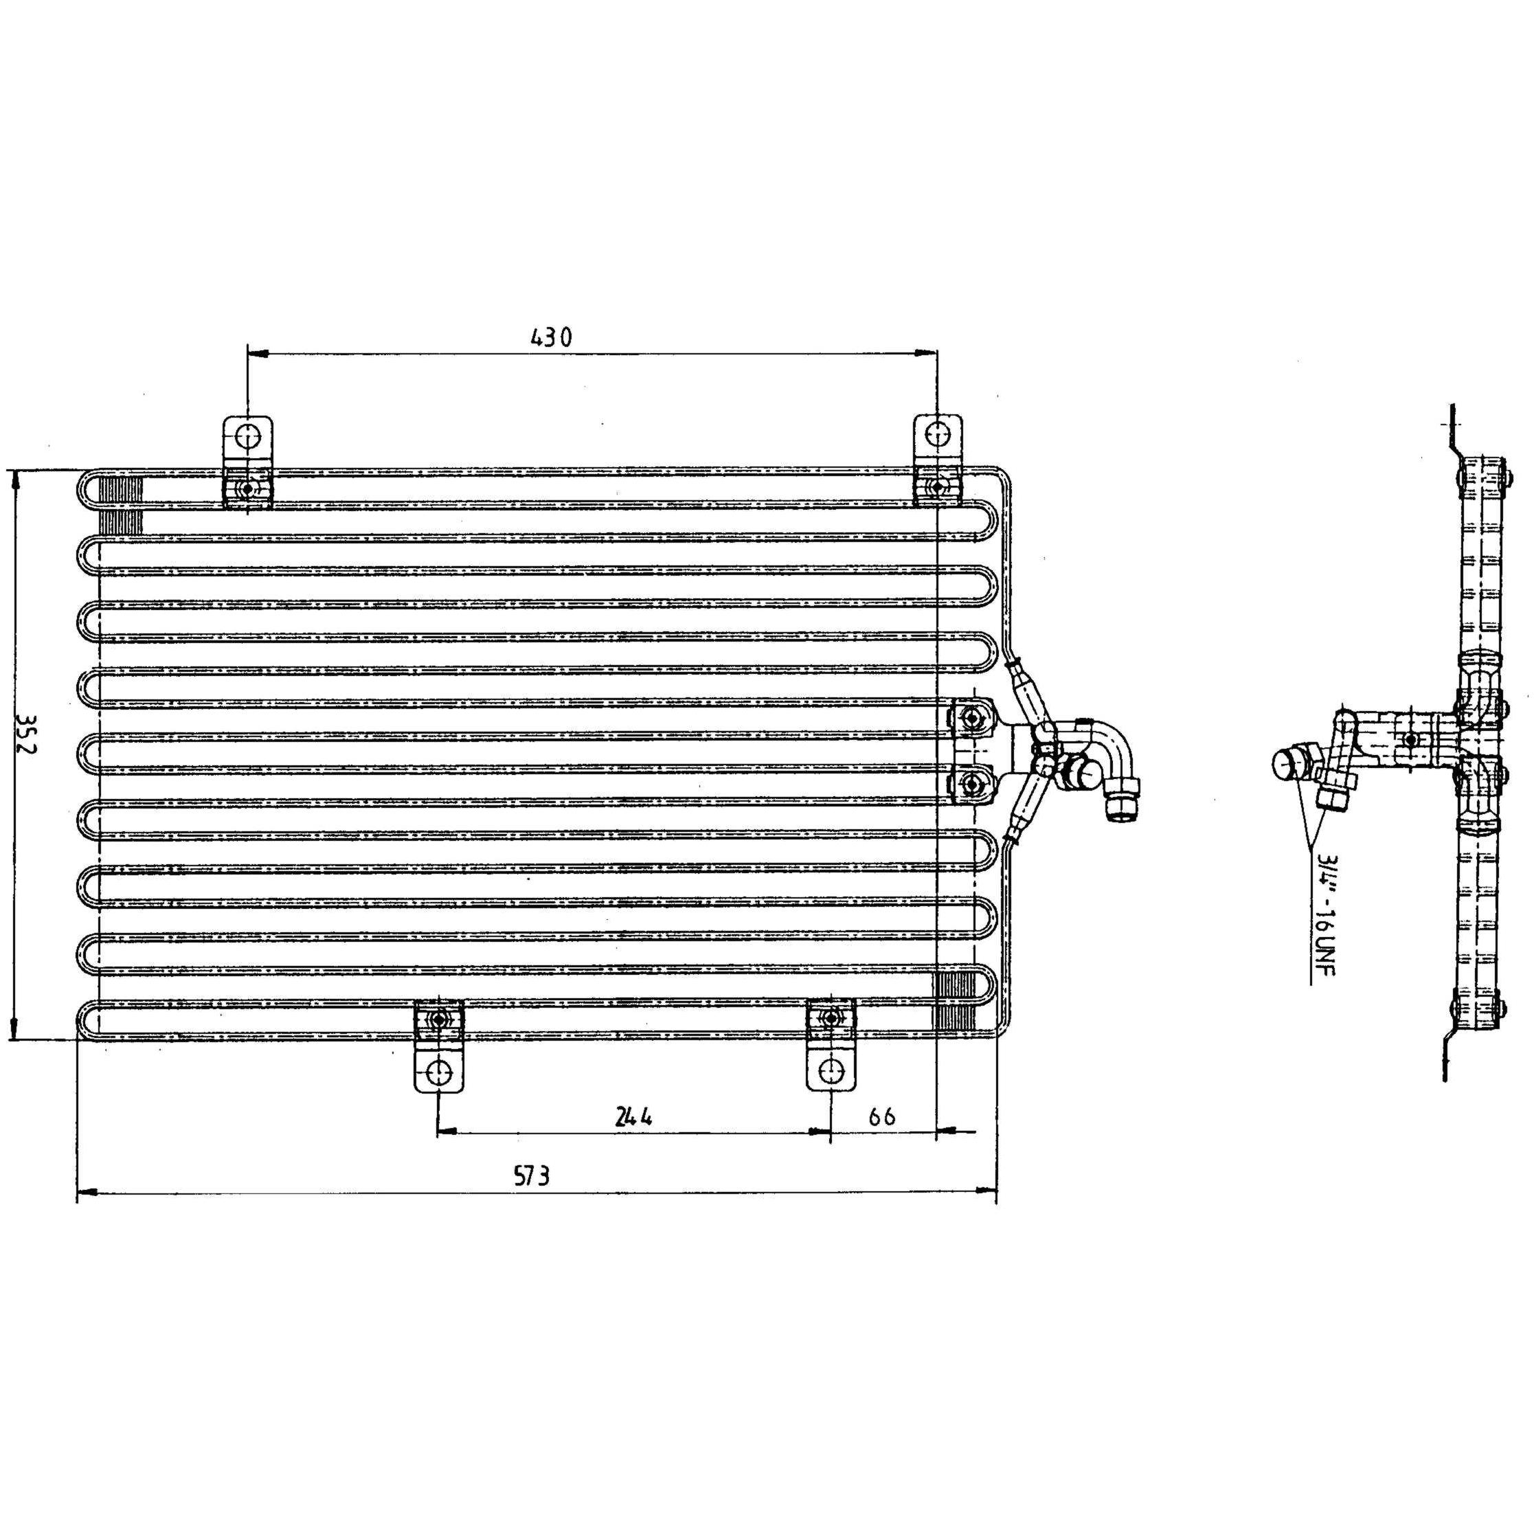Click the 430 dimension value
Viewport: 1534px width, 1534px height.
551,337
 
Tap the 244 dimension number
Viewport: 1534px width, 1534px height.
633,1116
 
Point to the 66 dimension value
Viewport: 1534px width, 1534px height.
881,1116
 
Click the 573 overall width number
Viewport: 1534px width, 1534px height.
532,1175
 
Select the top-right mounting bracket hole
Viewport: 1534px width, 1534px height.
938,434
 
